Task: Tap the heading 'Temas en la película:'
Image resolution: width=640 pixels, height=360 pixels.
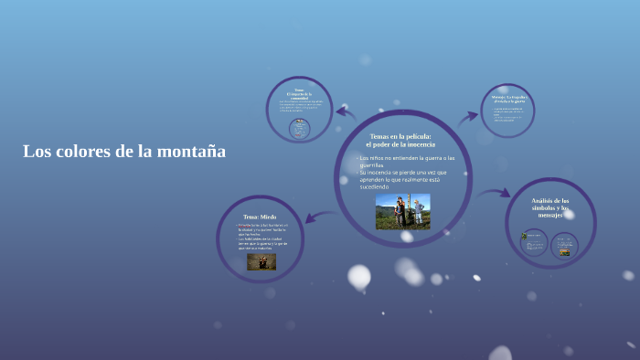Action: click(x=402, y=136)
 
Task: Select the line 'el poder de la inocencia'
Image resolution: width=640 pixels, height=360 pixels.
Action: click(x=402, y=144)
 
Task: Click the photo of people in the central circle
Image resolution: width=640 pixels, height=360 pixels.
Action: click(x=402, y=211)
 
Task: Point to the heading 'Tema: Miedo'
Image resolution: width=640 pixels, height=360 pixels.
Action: click(x=259, y=217)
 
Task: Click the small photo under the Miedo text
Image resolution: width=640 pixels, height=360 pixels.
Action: click(x=261, y=261)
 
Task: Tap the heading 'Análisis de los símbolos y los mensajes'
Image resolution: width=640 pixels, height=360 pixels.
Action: click(x=550, y=206)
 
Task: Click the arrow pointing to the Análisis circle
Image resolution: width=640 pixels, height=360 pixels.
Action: click(x=495, y=194)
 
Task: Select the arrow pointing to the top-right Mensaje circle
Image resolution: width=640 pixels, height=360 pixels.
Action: click(x=468, y=116)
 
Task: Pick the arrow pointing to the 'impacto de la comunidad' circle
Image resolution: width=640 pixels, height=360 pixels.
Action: click(x=346, y=112)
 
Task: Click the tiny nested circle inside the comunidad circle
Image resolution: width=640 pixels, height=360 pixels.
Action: click(x=298, y=129)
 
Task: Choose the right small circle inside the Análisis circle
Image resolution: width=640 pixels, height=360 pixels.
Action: click(x=565, y=245)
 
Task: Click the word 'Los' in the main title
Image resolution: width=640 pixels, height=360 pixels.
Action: click(x=34, y=152)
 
